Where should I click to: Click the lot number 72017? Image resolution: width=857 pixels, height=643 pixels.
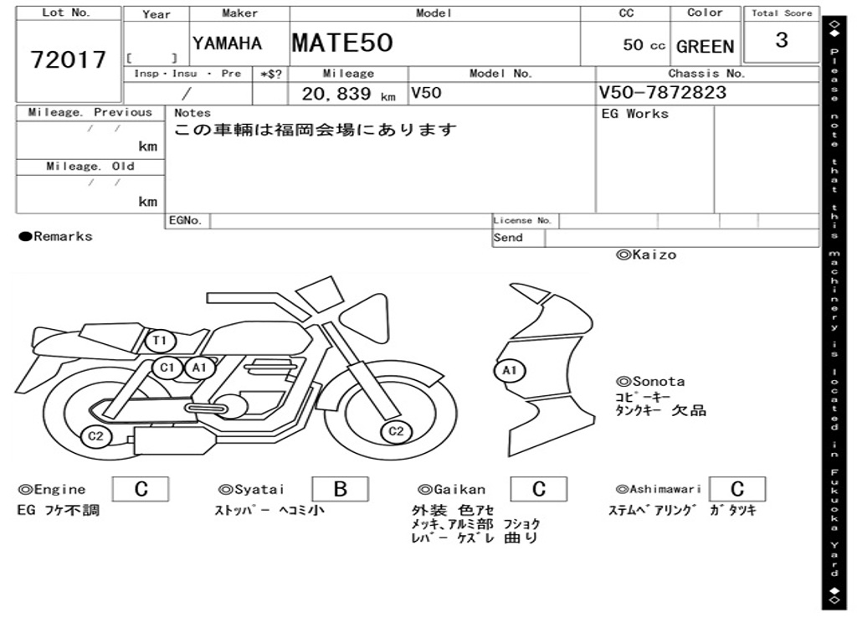(69, 59)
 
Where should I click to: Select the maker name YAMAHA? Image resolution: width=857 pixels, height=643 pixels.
(227, 44)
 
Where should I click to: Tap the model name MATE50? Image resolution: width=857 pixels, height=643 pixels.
(342, 43)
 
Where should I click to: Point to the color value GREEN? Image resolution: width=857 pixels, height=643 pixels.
(705, 47)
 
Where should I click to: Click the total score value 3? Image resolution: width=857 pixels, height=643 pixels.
(782, 40)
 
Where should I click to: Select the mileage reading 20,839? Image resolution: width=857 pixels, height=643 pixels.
(336, 94)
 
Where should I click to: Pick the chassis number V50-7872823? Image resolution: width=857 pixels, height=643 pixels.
(663, 92)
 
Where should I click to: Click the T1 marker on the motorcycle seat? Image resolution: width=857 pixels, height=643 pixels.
(160, 342)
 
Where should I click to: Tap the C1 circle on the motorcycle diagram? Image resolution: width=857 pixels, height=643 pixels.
(167, 368)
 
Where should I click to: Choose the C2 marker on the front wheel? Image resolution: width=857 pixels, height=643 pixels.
(396, 431)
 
